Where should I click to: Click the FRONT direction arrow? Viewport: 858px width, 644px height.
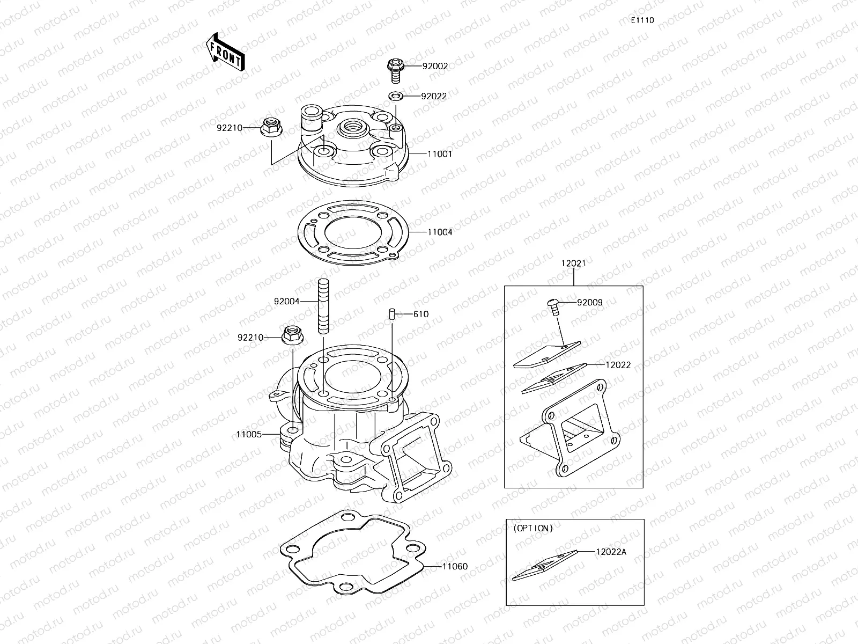click(225, 52)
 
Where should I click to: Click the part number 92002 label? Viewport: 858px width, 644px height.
click(435, 66)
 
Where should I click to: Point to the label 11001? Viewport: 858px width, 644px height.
click(440, 154)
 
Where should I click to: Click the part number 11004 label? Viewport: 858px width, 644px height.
click(440, 232)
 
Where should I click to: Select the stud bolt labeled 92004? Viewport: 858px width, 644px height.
click(324, 306)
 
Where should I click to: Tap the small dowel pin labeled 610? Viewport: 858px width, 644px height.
click(392, 313)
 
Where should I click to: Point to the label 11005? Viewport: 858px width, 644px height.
click(249, 434)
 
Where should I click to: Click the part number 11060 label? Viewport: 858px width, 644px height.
click(455, 566)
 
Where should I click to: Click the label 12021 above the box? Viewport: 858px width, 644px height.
click(573, 264)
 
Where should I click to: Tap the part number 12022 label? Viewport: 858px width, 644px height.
click(618, 365)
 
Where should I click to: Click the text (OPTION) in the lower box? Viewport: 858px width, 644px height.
click(532, 528)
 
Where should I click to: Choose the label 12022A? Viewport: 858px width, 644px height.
click(610, 551)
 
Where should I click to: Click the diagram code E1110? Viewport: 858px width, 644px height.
click(642, 20)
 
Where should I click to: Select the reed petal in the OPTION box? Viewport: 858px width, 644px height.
click(544, 565)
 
